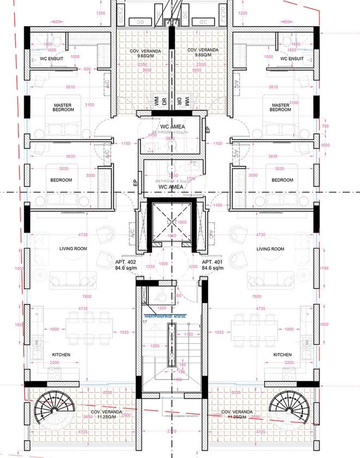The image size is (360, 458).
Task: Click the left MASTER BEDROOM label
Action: (63, 107)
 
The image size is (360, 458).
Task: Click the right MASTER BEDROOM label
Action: (280, 106)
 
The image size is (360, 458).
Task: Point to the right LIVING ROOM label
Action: (270, 248)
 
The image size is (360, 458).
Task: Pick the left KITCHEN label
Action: (61, 354)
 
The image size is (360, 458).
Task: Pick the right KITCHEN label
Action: (282, 354)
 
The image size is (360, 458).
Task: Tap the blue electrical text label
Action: (165, 315)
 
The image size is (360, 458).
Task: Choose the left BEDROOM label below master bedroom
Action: (61, 180)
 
